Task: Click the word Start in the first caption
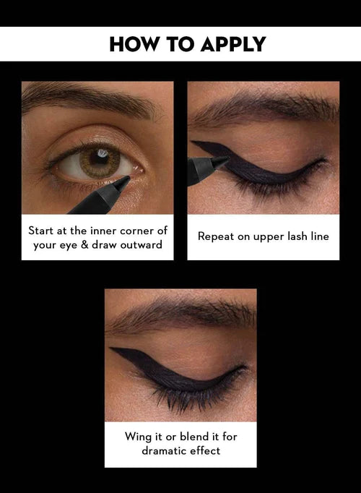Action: pyautogui.click(x=42, y=231)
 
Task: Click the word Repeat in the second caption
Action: pyautogui.click(x=215, y=236)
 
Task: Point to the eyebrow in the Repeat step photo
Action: pyautogui.click(x=267, y=109)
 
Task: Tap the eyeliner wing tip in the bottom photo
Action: pyautogui.click(x=111, y=350)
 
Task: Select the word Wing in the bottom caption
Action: pyautogui.click(x=134, y=437)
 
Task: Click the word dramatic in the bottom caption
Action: pyautogui.click(x=165, y=450)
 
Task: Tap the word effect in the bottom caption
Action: pyautogui.click(x=205, y=450)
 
